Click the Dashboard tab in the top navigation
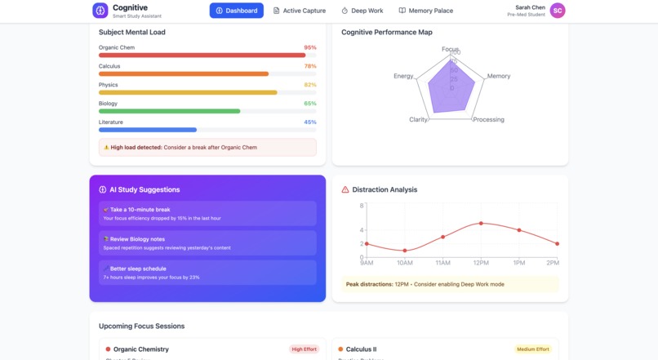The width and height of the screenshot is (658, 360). click(236, 11)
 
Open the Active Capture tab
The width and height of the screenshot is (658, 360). click(299, 11)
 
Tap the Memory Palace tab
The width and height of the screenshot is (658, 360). click(425, 11)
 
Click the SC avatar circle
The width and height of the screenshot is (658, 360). click(557, 11)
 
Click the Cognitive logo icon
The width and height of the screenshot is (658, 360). click(100, 11)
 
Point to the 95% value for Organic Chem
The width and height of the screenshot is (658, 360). click(310, 47)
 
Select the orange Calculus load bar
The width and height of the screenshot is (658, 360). click(184, 73)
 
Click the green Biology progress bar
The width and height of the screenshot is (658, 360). click(170, 111)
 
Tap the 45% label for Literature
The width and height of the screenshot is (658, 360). click(310, 122)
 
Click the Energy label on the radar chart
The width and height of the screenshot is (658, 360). click(403, 76)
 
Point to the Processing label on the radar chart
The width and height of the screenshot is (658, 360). click(489, 120)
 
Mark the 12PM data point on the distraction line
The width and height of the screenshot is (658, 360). click(481, 223)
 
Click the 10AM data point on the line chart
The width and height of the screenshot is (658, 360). click(404, 251)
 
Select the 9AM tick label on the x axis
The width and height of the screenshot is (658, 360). click(367, 263)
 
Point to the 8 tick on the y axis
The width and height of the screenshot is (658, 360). click(361, 206)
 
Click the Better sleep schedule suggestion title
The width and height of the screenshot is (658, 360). click(138, 269)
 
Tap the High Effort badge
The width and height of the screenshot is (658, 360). click(305, 349)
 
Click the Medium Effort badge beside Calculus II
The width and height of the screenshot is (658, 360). click(532, 349)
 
